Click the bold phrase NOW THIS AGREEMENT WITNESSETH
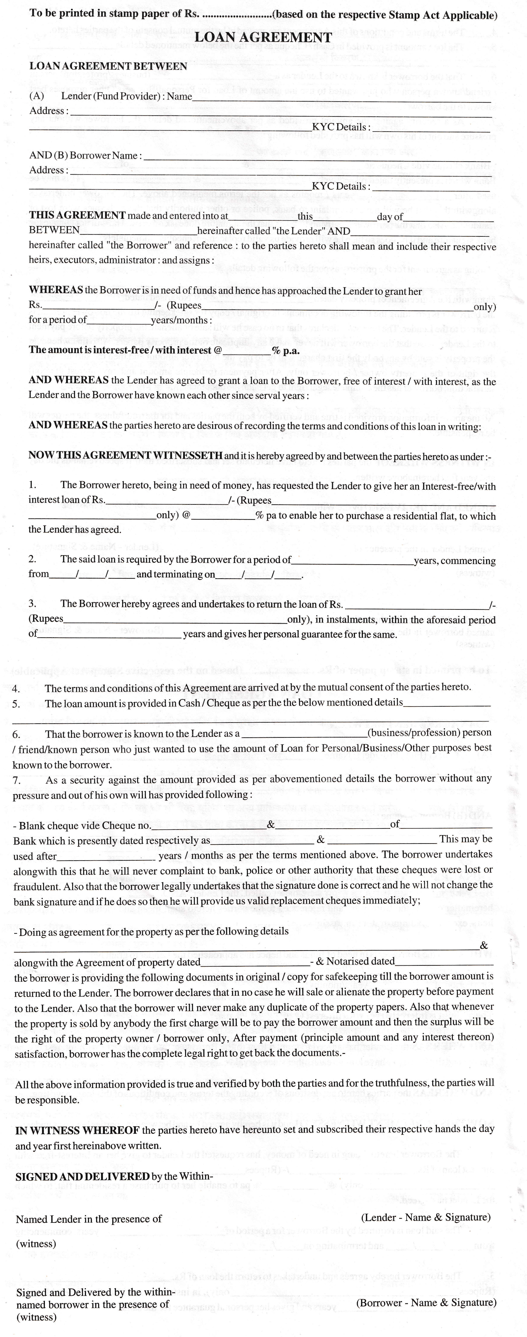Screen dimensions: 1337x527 [126, 455]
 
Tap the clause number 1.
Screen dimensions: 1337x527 [32, 485]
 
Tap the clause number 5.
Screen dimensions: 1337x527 [16, 704]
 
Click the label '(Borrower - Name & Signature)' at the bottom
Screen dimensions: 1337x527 [426, 1302]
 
